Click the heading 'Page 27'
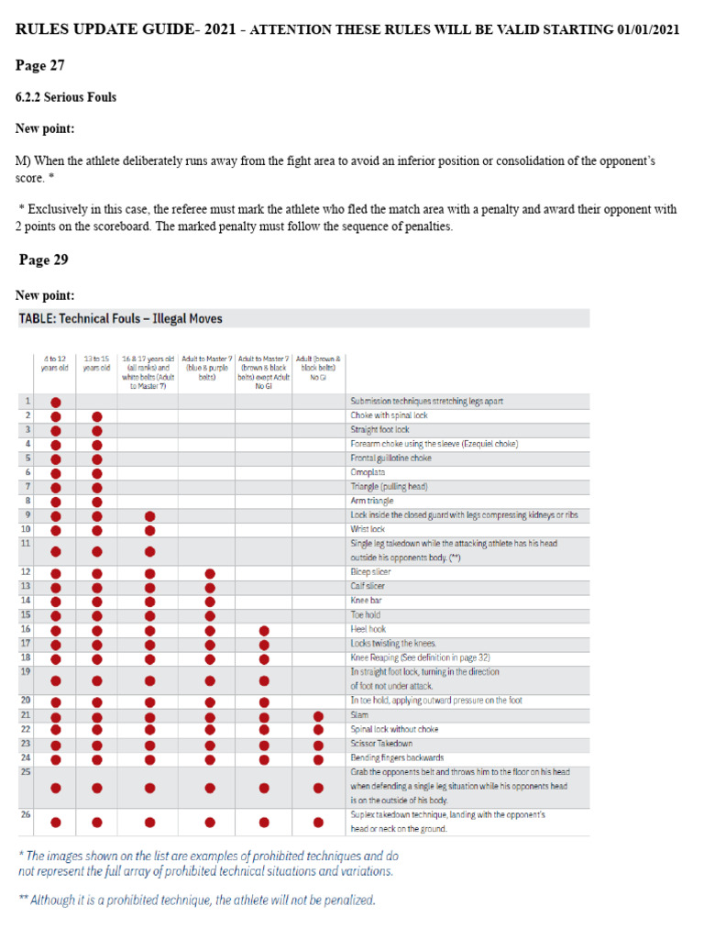42,65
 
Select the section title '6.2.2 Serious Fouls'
66,97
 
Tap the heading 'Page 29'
44,260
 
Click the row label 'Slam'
360,715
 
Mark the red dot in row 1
56,402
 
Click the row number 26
25,814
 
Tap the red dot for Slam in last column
318,715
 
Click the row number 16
25,630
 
